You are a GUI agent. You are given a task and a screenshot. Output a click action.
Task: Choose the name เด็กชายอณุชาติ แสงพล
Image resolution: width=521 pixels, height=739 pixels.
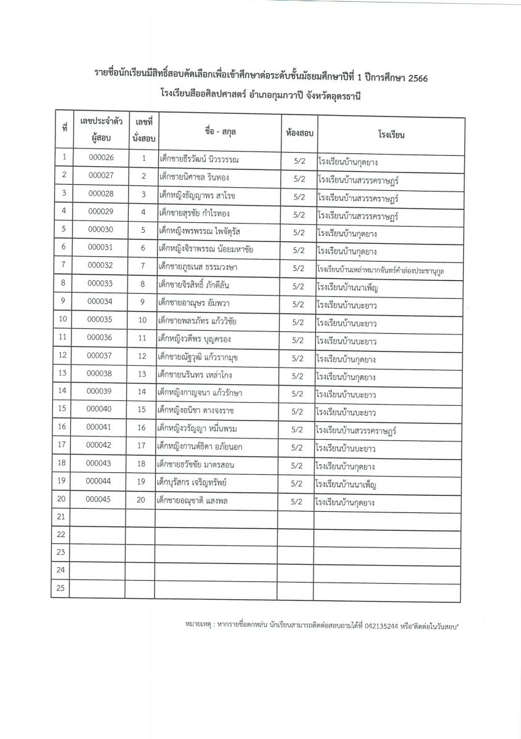192,501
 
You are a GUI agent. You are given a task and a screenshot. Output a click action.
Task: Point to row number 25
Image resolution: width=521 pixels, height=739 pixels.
60,588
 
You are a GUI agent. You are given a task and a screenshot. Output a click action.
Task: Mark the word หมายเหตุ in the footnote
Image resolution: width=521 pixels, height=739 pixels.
199,626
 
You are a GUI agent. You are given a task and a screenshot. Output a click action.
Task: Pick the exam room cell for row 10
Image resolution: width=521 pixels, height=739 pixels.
298,322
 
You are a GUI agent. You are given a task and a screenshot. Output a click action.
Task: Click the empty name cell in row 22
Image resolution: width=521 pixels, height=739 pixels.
215,534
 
